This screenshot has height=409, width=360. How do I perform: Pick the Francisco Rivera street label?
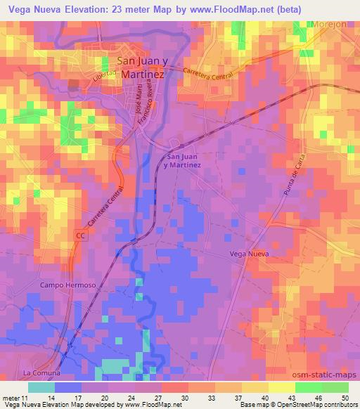tap(147, 107)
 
